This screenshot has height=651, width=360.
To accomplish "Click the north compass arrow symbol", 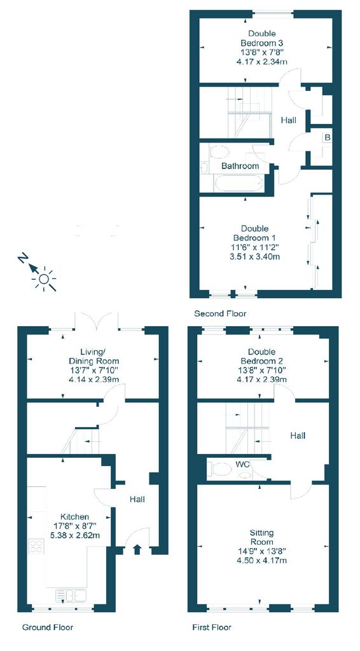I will coord(24,259).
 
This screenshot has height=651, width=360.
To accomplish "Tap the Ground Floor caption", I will coord(48,627).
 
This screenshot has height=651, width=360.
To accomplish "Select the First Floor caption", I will coord(212,627).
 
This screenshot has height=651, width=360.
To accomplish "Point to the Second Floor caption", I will coord(220,313).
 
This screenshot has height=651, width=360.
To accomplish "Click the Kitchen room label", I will coord(74,516).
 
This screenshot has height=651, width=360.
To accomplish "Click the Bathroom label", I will coord(240,166).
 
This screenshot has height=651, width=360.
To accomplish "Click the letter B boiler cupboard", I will coord(328,138).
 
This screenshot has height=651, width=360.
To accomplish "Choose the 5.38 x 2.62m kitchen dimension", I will coord(74,535).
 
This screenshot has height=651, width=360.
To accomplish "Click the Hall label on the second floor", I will coord(289,119).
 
